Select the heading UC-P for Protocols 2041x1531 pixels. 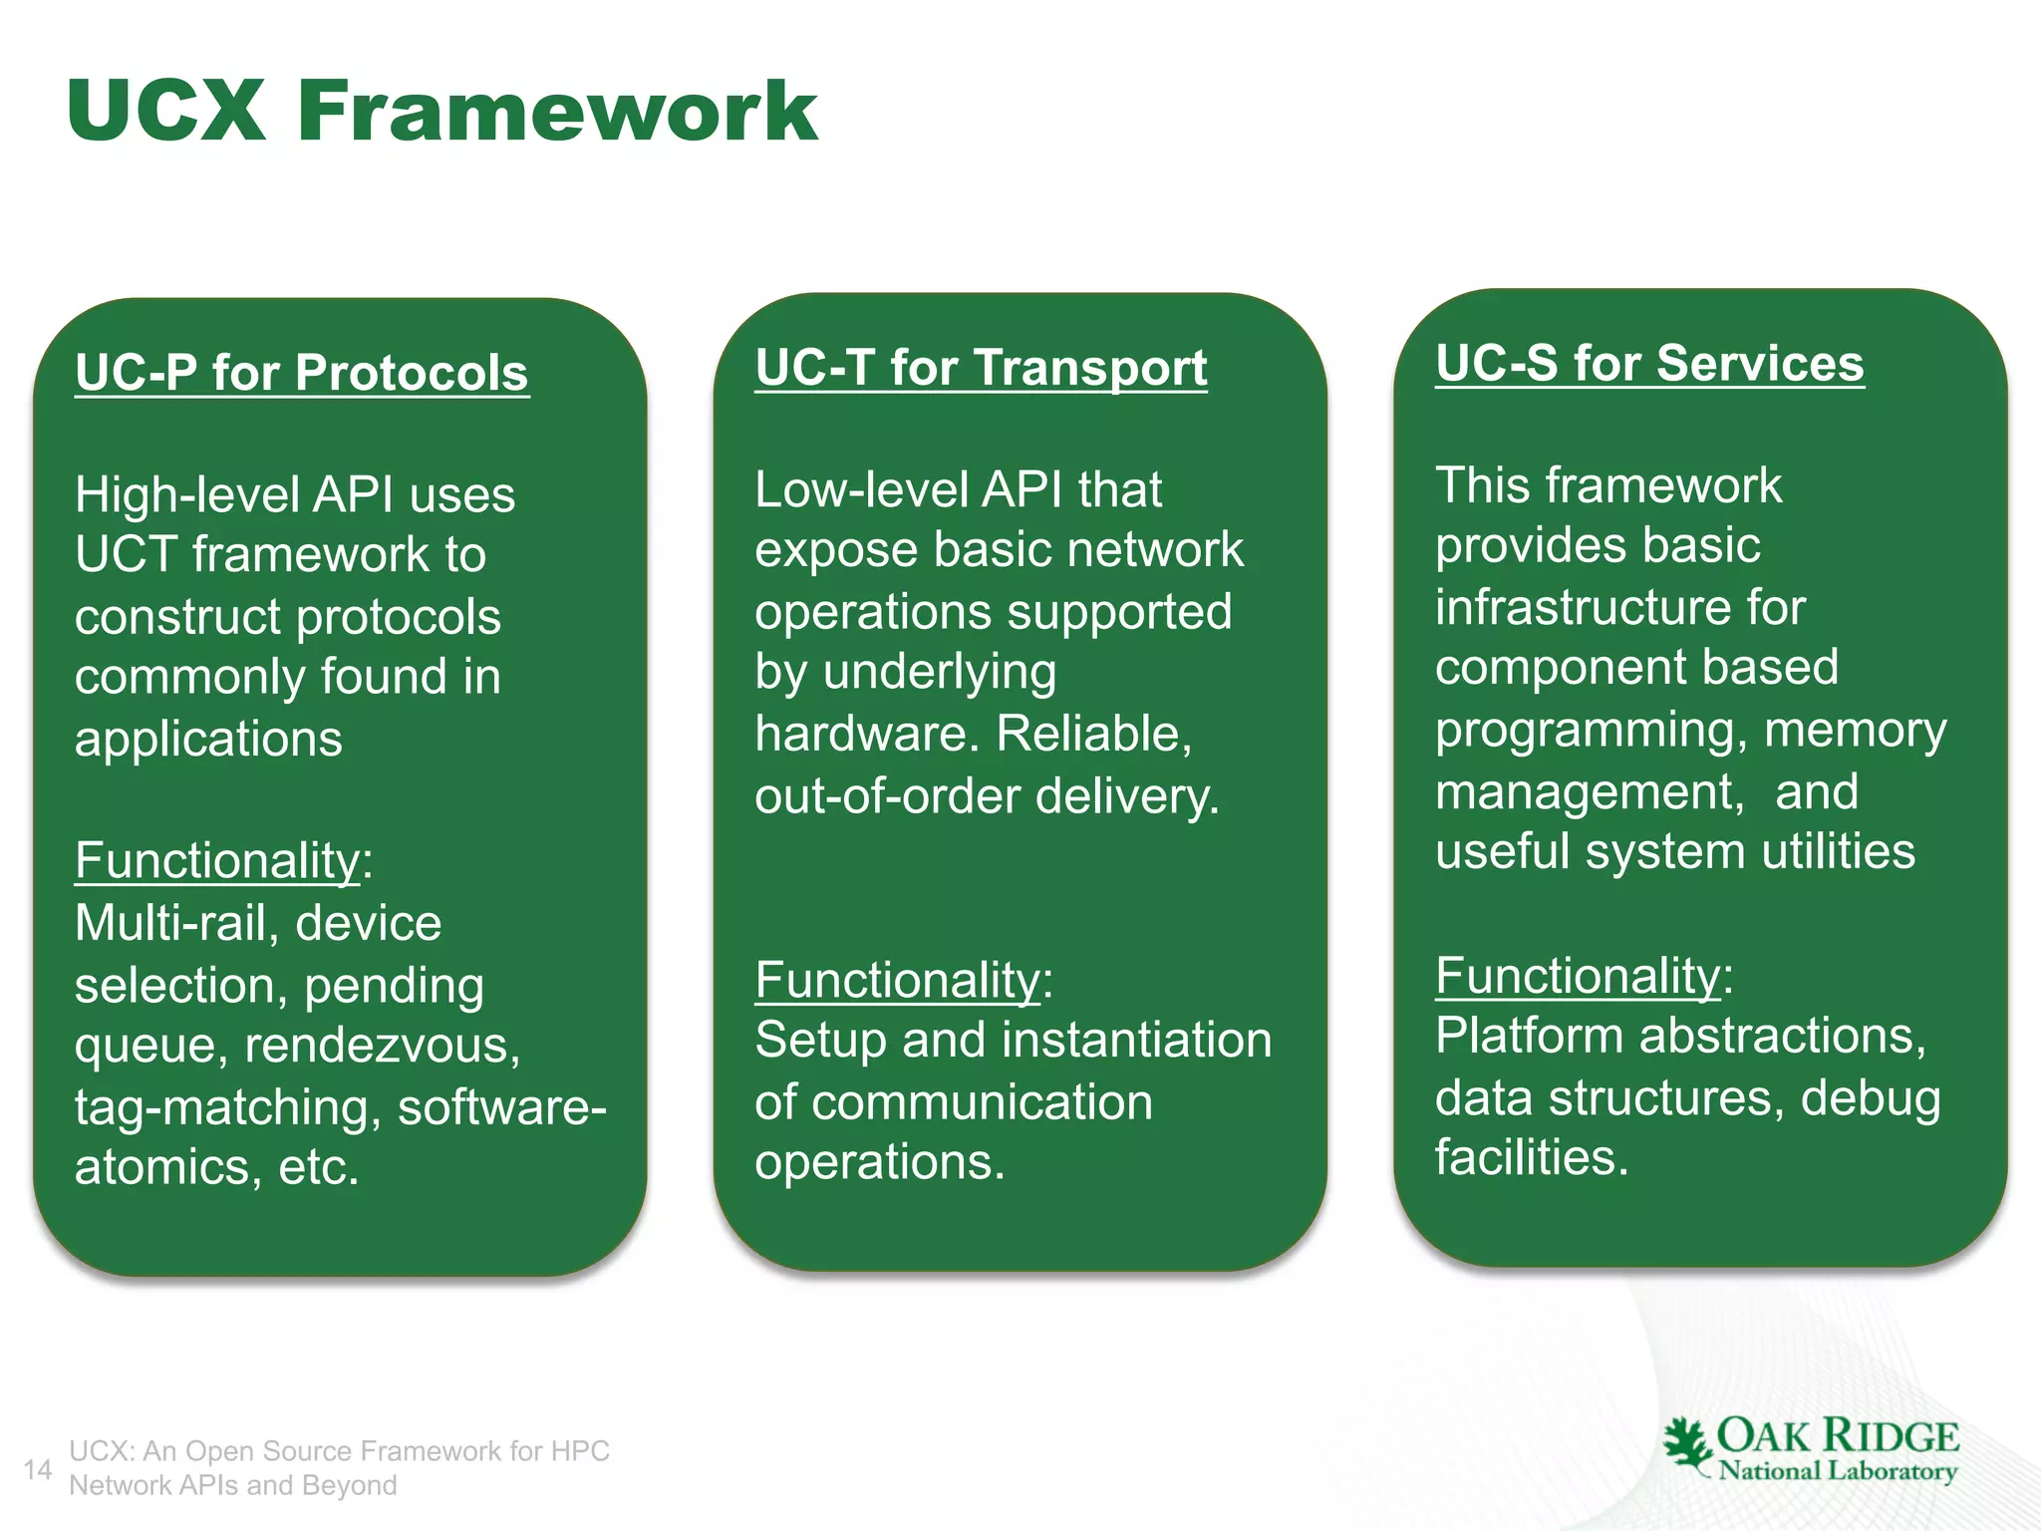pyautogui.click(x=301, y=373)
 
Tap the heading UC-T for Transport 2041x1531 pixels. pyautogui.click(x=981, y=368)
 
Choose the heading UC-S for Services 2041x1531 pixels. pyautogui.click(x=1649, y=363)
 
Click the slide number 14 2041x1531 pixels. pyautogui.click(x=38, y=1469)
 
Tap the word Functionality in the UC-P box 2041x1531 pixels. pyautogui.click(x=217, y=860)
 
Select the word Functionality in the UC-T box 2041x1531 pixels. pyautogui.click(x=898, y=980)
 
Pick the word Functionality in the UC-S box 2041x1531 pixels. pyautogui.click(x=1579, y=975)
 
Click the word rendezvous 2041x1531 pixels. pyautogui.click(x=382, y=1046)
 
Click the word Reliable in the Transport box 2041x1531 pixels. pyautogui.click(x=1093, y=734)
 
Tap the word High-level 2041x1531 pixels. pyautogui.click(x=186, y=495)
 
